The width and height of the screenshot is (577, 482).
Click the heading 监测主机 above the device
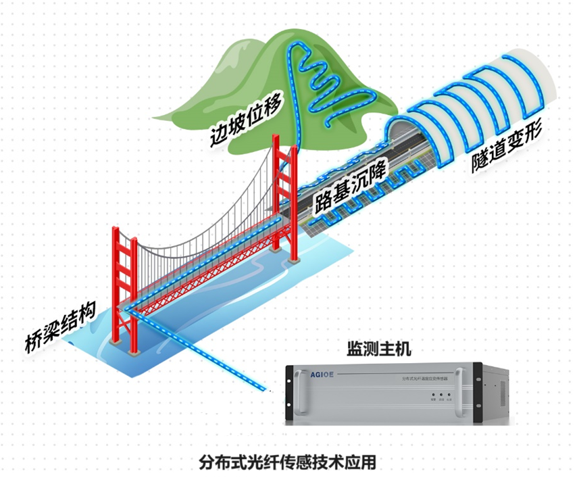tap(378, 350)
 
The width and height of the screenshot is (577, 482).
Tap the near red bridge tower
tap(126, 291)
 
